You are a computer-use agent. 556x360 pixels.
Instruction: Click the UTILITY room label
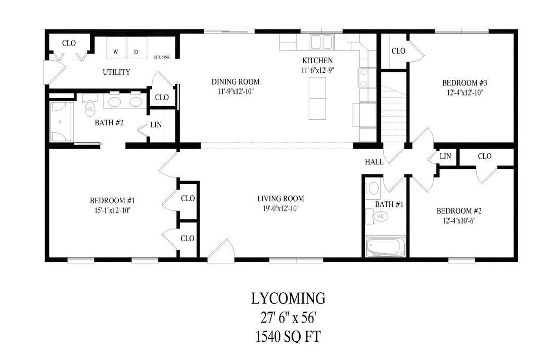(x=116, y=72)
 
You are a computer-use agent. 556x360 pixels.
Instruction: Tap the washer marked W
(x=116, y=49)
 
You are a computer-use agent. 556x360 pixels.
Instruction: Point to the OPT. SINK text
(x=161, y=57)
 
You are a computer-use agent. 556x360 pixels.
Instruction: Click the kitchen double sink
(x=321, y=42)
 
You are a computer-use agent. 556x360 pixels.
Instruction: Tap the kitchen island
(x=317, y=98)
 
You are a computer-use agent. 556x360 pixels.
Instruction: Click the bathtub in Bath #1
(x=385, y=246)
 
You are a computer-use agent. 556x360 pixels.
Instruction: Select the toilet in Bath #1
(x=379, y=216)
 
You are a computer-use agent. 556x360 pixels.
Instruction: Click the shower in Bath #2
(x=61, y=122)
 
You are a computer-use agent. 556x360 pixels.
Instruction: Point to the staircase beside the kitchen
(x=394, y=113)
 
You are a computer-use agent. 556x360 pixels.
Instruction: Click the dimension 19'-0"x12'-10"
(x=281, y=208)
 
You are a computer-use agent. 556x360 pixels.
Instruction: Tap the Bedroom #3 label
(x=465, y=83)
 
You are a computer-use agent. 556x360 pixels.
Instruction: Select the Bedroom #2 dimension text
(x=459, y=220)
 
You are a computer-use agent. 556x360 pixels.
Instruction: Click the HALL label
(x=374, y=162)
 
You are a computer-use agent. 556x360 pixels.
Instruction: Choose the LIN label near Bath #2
(x=156, y=125)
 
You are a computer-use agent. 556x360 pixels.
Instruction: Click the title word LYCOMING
(x=288, y=298)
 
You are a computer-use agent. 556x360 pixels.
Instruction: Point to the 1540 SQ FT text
(x=288, y=337)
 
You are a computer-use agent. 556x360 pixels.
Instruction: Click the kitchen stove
(x=363, y=78)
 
